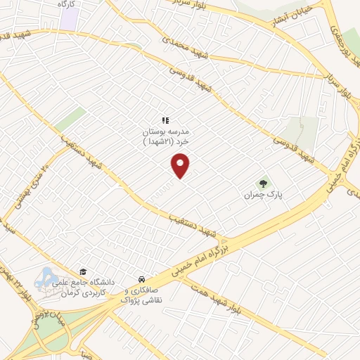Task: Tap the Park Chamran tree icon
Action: (264, 183)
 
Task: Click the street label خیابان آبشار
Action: (290, 19)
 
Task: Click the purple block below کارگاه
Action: (68, 20)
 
